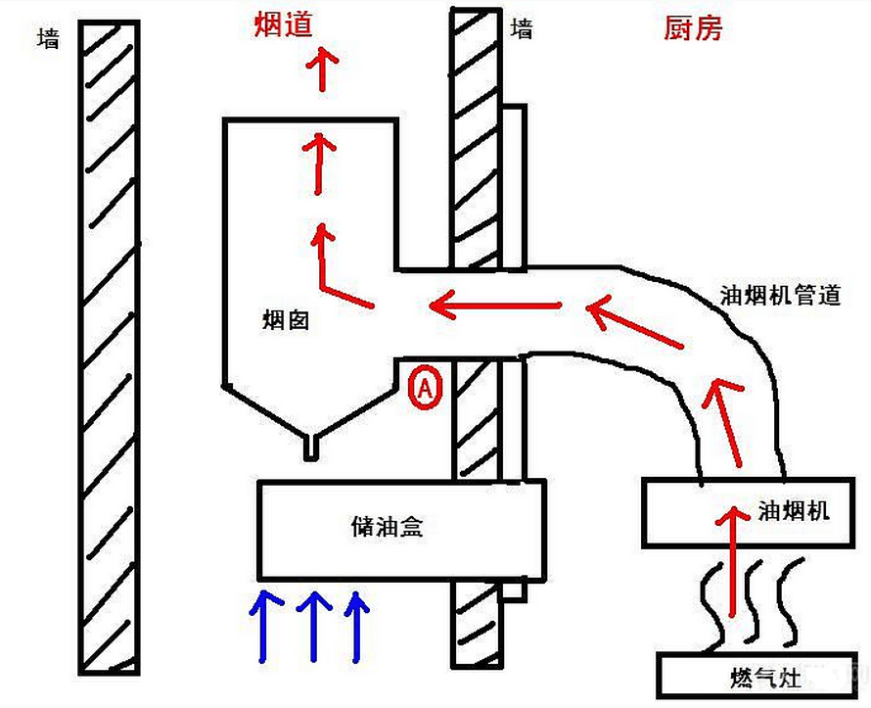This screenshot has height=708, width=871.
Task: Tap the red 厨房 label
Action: coord(693,28)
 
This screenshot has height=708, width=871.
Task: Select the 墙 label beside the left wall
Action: coord(46,39)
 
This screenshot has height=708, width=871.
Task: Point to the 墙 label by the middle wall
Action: coord(523,29)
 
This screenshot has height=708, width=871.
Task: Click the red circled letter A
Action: coord(425,387)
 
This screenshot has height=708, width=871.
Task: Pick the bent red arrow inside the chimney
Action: coord(333,264)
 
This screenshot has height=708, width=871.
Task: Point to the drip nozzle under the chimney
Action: coord(310,446)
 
